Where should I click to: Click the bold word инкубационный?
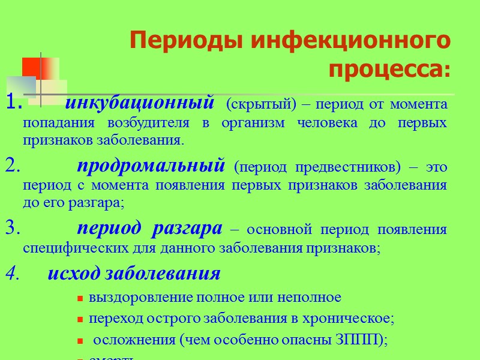coord(139,103)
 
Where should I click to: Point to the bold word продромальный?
coord(151,166)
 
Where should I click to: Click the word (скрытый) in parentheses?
coord(252,104)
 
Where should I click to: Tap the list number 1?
coord(13,104)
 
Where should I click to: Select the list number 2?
coord(13,166)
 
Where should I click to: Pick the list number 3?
coord(13,229)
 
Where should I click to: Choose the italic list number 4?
coord(13,274)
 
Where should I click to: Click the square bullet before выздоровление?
coord(80,298)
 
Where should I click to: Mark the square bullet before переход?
coord(80,319)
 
